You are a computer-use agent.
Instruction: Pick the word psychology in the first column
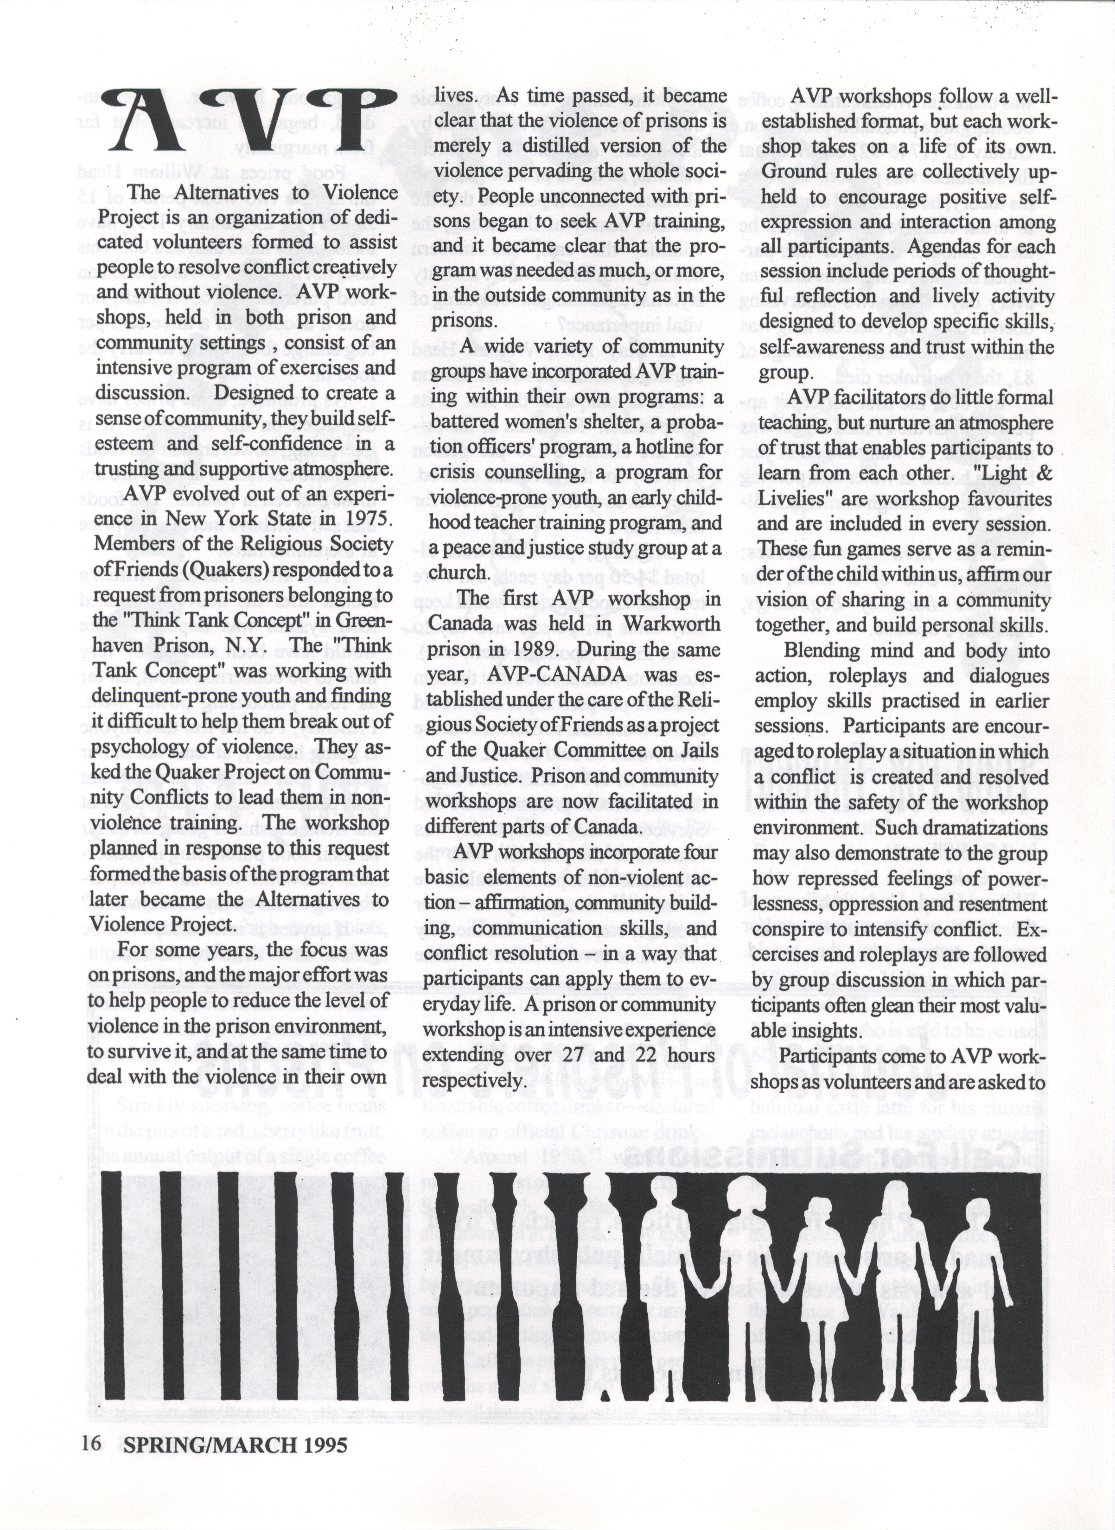(x=137, y=747)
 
